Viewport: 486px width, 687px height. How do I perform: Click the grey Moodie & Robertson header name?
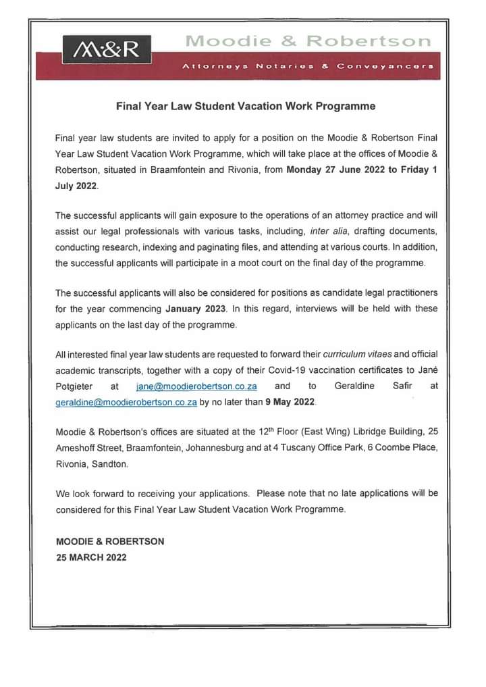(308, 41)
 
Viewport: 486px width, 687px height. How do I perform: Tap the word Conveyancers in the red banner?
(385, 67)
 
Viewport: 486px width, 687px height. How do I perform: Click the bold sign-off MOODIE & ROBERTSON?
(109, 542)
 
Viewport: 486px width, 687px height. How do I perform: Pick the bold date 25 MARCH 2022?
(91, 557)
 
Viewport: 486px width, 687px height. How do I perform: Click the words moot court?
(279, 263)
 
